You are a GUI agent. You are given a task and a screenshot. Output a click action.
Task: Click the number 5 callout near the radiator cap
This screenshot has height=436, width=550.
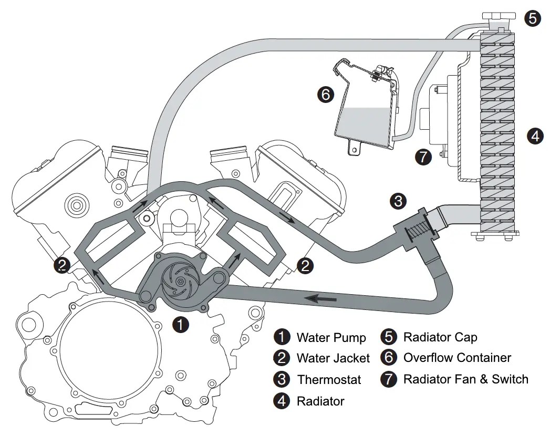point(532,18)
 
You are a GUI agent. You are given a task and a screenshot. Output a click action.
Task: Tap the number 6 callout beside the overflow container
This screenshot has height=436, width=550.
point(325,95)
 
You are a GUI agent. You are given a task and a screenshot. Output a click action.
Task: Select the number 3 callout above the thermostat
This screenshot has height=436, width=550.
point(398,200)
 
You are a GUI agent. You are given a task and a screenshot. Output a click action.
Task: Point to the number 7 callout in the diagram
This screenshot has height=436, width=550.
point(423,156)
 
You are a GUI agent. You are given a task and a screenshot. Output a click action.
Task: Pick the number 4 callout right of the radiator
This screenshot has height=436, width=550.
point(534,137)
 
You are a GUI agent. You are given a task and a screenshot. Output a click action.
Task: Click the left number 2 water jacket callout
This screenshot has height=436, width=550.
point(62,265)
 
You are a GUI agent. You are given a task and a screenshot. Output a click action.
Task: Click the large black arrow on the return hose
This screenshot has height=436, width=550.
point(321,299)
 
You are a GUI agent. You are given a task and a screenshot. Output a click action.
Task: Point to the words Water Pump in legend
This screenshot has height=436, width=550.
point(324,337)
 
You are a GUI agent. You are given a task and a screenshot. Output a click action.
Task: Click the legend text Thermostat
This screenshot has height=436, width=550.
point(329,379)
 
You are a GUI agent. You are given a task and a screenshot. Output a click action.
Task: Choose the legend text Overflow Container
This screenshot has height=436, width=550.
point(456,358)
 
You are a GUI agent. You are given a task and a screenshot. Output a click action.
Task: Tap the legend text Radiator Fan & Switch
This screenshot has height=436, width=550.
point(465,379)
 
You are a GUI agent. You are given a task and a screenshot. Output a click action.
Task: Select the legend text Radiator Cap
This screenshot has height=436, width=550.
point(440,337)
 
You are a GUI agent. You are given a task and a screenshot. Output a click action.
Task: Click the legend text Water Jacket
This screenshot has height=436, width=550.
point(333,358)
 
